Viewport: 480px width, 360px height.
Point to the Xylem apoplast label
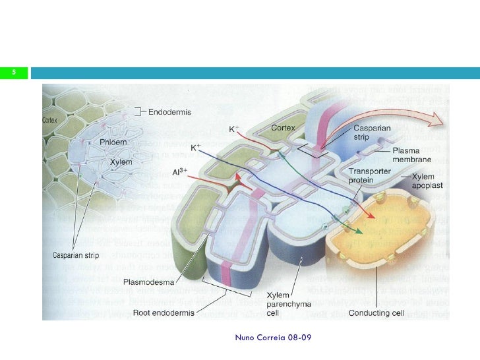pos(430,181)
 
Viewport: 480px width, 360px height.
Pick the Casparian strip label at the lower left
pos(73,255)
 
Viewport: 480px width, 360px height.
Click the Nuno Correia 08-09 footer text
pos(273,338)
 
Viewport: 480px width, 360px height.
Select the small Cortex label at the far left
pos(51,121)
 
